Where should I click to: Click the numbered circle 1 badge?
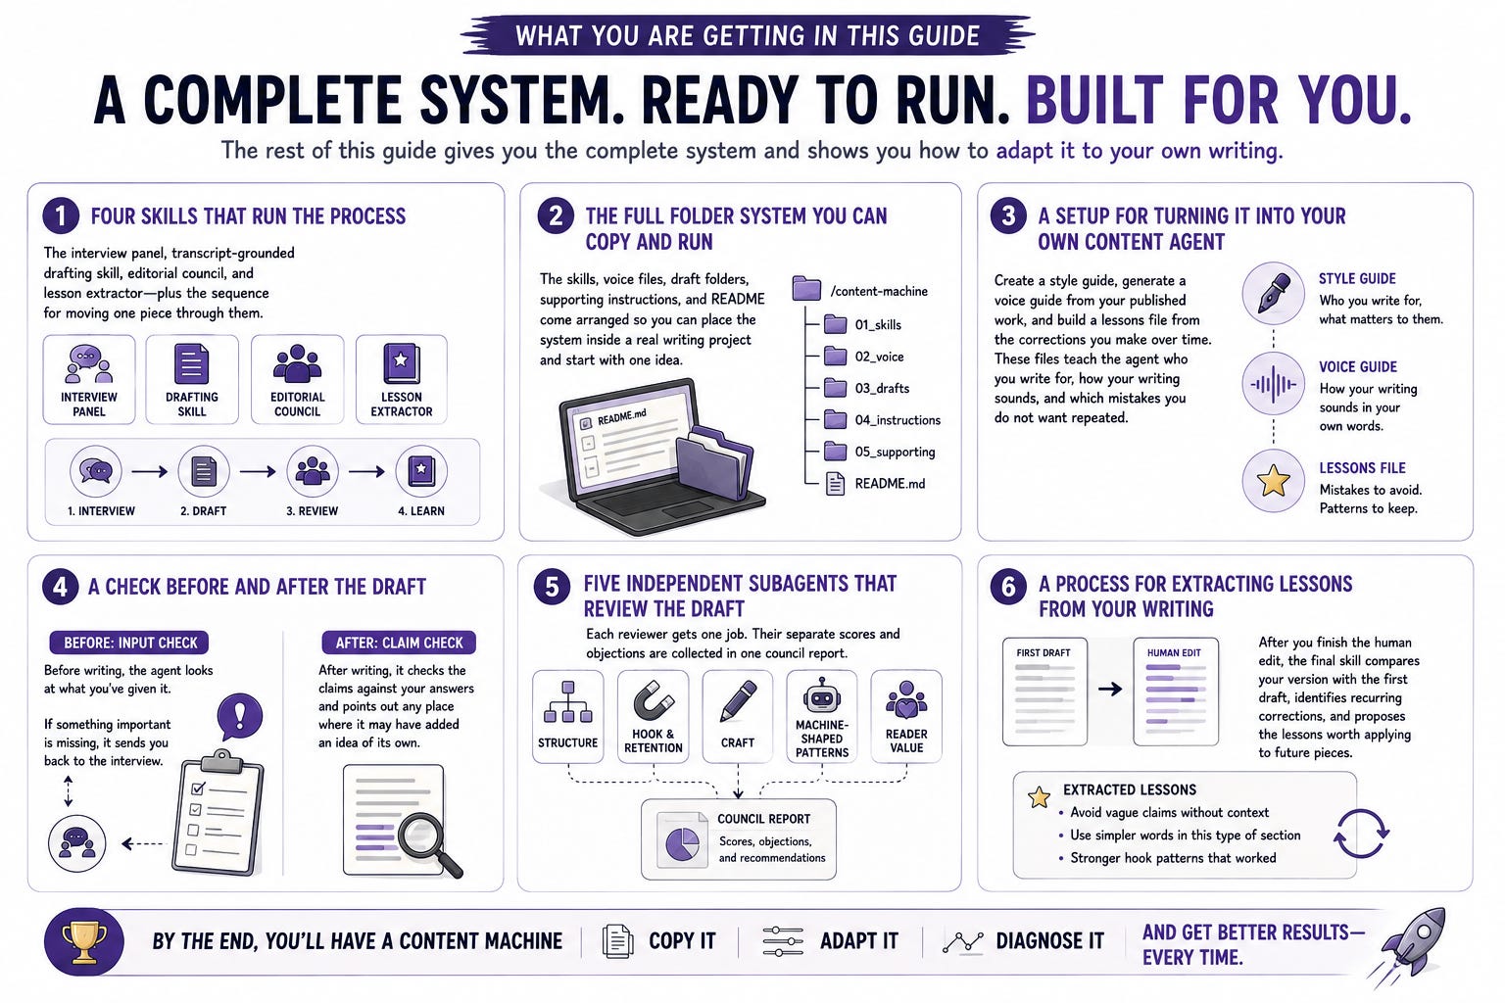point(61,215)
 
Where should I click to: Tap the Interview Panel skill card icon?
point(89,363)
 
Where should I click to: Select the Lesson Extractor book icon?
point(401,363)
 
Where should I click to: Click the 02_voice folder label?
point(879,357)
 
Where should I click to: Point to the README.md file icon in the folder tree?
point(835,484)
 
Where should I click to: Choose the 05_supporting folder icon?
point(835,452)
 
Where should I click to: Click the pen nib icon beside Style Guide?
point(1273,294)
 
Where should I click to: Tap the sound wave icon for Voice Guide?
point(1273,384)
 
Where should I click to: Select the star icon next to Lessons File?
point(1273,481)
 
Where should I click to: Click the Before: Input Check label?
point(129,643)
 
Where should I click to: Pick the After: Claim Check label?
point(399,643)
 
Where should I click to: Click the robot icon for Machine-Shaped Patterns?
point(822,696)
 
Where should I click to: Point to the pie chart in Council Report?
point(683,843)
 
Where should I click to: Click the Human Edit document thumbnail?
point(1176,692)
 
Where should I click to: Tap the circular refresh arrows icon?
point(1361,834)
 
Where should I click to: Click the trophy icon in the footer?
point(84,942)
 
